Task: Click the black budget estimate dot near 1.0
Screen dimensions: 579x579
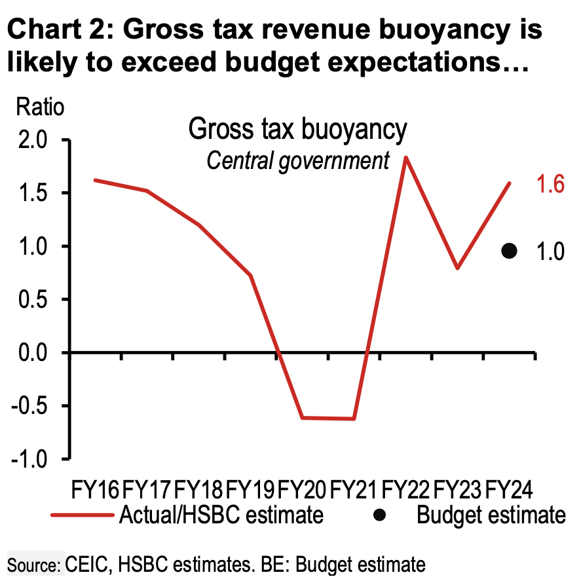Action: (x=510, y=250)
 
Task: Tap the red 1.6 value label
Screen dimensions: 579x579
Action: (x=550, y=185)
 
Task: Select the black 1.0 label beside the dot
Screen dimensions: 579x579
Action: (x=550, y=252)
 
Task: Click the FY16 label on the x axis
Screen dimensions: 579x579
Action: (x=96, y=489)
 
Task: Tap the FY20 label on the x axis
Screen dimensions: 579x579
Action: (x=303, y=489)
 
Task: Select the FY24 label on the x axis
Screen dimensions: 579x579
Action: (x=509, y=489)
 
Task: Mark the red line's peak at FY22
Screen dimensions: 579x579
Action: (x=406, y=157)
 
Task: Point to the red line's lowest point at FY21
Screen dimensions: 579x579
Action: (x=354, y=419)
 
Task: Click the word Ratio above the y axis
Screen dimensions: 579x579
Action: (x=41, y=106)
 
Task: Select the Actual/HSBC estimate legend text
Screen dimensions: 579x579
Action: (x=221, y=515)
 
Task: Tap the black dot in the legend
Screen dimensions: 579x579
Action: (x=379, y=515)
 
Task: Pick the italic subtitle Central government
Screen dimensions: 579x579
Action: (x=298, y=160)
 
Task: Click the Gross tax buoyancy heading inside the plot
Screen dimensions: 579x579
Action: (x=297, y=130)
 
